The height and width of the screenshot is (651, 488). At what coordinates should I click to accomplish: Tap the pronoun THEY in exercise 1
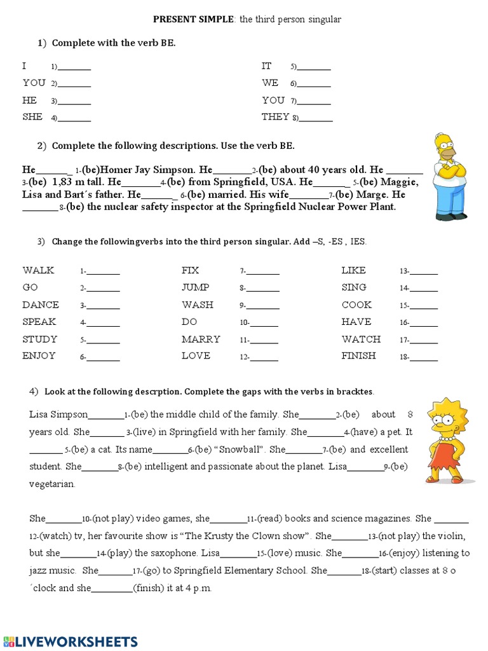(x=276, y=117)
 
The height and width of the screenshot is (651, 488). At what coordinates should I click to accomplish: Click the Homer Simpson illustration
(x=450, y=177)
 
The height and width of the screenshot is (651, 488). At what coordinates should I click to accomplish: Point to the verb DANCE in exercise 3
(x=41, y=305)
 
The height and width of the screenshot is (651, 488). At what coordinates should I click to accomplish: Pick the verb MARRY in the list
(x=201, y=339)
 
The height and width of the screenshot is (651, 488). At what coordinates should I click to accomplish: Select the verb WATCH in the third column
(x=361, y=339)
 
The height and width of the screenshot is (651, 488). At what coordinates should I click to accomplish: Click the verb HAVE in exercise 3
(x=356, y=322)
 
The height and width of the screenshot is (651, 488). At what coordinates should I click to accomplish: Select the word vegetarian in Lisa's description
(x=52, y=484)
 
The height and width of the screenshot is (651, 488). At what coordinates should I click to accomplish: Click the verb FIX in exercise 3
(x=191, y=270)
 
